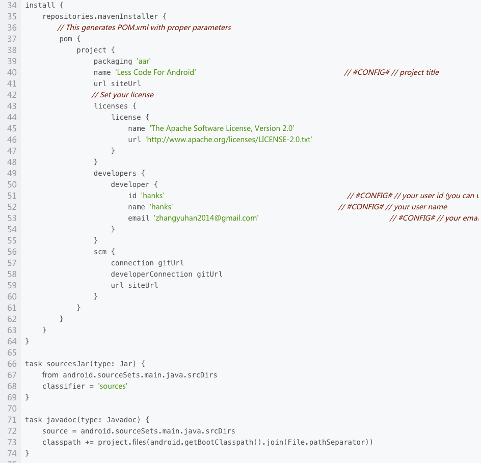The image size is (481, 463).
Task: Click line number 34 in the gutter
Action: (x=12, y=5)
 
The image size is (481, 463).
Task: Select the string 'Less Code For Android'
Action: (x=155, y=72)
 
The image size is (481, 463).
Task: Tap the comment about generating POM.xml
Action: (x=144, y=28)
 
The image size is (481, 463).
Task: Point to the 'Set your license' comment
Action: (x=122, y=95)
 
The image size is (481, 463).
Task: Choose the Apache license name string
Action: (x=222, y=128)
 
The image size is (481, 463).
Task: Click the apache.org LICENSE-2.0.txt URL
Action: (x=229, y=140)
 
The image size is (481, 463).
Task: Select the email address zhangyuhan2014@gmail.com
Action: (x=206, y=218)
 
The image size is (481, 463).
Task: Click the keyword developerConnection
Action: (x=151, y=274)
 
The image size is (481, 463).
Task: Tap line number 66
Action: (x=12, y=364)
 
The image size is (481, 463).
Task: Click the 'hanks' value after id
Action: (x=153, y=196)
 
